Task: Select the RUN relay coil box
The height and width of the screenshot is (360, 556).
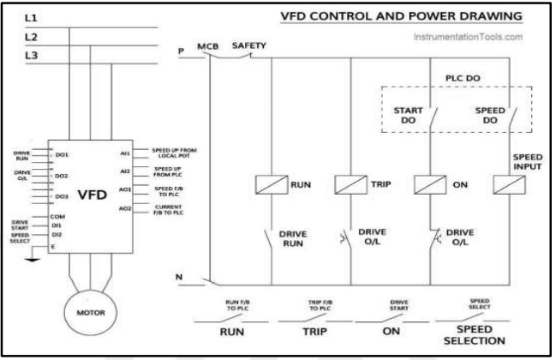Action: click(269, 183)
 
